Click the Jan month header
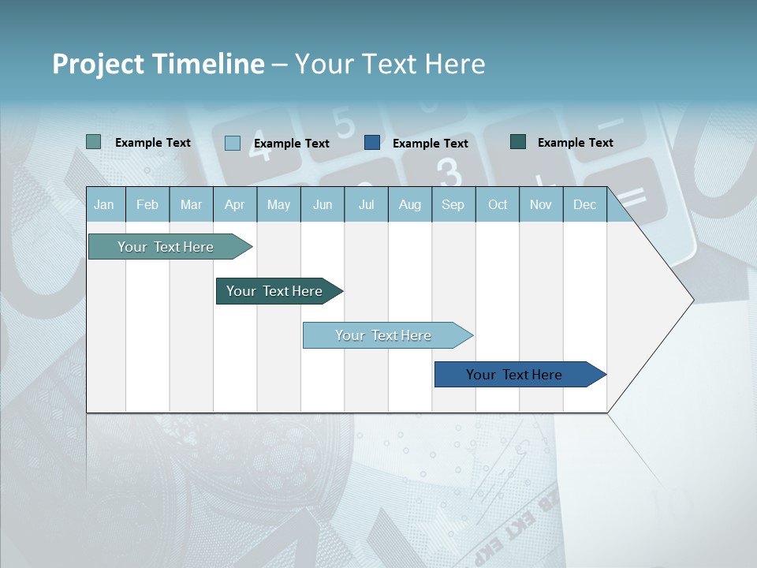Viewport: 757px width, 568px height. (x=104, y=205)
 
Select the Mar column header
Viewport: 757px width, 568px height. (x=191, y=205)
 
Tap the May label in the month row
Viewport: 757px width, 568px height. (x=278, y=205)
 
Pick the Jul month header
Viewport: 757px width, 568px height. (x=366, y=205)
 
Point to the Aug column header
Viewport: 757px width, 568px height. (x=409, y=205)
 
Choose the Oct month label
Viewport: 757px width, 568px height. (x=498, y=205)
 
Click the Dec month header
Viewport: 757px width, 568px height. (x=584, y=205)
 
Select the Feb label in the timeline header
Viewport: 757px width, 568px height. (x=147, y=205)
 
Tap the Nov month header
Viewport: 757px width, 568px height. (x=541, y=205)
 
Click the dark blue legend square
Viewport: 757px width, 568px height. (x=372, y=143)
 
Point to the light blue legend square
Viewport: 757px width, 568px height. (x=233, y=143)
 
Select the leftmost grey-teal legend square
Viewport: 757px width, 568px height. (x=94, y=142)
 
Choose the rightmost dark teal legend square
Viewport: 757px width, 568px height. (x=518, y=142)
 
